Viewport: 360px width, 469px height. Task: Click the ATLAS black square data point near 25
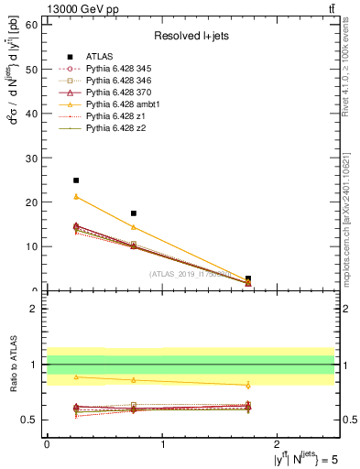click(x=76, y=180)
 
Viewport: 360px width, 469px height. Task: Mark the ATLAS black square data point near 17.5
click(x=134, y=213)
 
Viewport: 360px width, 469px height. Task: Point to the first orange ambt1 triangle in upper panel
click(x=76, y=197)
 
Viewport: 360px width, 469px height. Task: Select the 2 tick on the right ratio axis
click(x=342, y=309)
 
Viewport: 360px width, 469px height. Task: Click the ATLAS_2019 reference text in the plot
click(x=190, y=274)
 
